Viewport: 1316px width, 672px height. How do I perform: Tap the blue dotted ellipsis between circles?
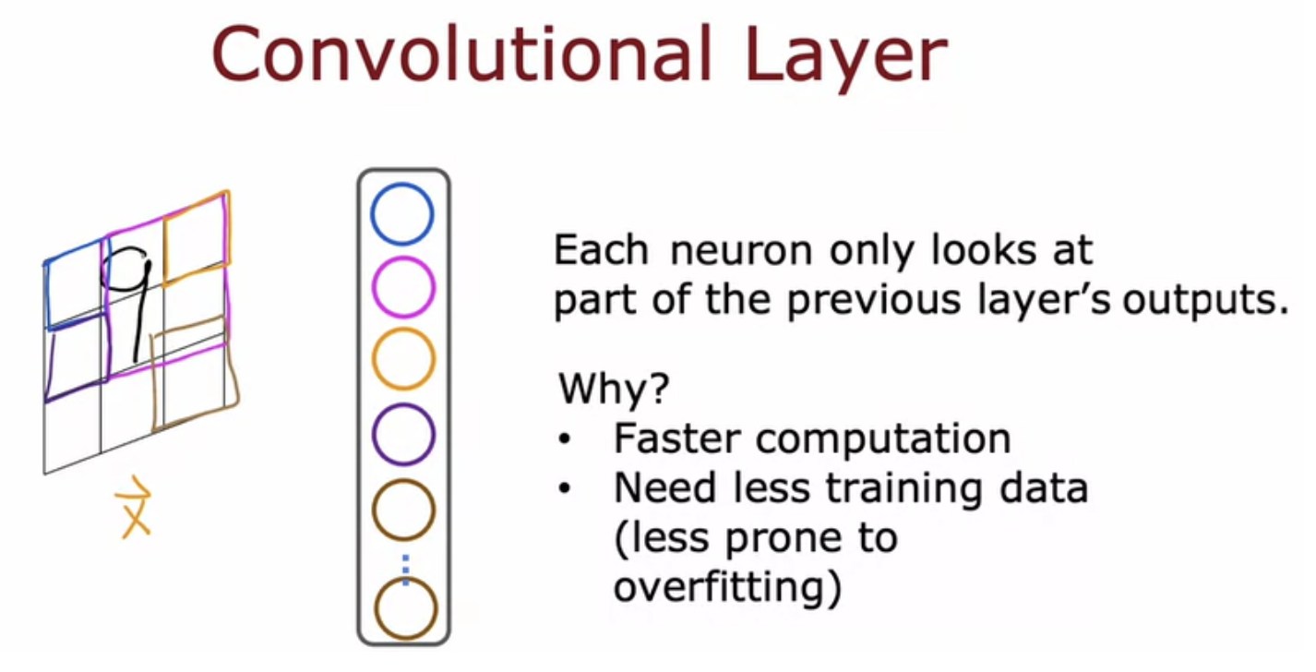point(405,570)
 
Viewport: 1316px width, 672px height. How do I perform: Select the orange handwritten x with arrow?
point(135,507)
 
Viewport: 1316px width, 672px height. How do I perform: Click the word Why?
point(614,388)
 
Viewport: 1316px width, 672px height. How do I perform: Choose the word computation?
point(883,440)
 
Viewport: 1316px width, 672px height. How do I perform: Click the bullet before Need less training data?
point(565,488)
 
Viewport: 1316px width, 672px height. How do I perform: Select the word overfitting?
point(727,586)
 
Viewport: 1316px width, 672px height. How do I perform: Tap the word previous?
point(874,302)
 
